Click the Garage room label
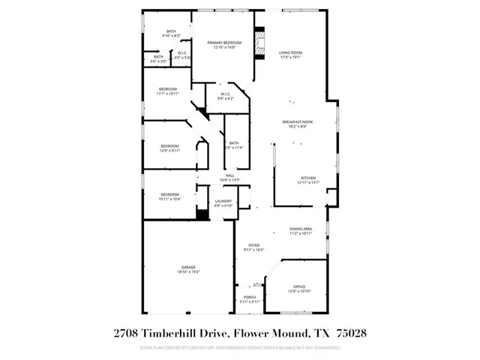187,267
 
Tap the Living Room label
291,52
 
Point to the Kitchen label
308,178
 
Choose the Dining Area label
301,229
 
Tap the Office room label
298,286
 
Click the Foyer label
254,244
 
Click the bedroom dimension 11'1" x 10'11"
167,94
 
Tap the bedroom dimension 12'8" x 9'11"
169,151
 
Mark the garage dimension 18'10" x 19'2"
187,272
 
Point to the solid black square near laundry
201,213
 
